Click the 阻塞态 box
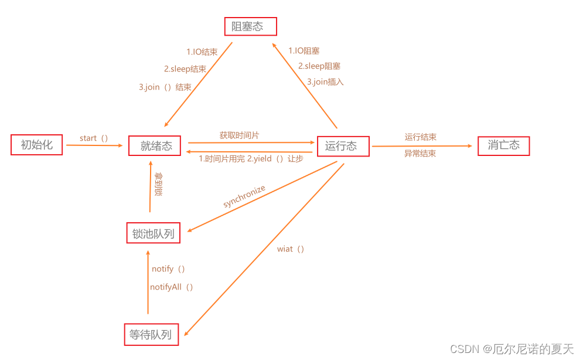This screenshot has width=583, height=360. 251,26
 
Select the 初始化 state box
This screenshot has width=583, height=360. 36,145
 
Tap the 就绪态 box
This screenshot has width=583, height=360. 155,146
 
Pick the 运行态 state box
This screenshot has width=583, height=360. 343,146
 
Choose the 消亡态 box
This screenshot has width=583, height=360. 503,145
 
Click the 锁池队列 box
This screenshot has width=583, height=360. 153,233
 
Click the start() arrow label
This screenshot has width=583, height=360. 94,138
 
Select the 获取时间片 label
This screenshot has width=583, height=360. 239,135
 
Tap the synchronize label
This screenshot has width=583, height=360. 244,196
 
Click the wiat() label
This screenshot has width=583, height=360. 291,249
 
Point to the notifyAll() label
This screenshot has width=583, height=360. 172,287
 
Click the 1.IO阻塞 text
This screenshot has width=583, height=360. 304,51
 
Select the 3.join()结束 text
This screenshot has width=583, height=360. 165,87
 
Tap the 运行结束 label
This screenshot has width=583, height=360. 420,137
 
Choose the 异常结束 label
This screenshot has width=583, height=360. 420,154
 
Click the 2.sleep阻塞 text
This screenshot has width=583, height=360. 319,66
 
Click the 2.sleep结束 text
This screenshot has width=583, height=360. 185,69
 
